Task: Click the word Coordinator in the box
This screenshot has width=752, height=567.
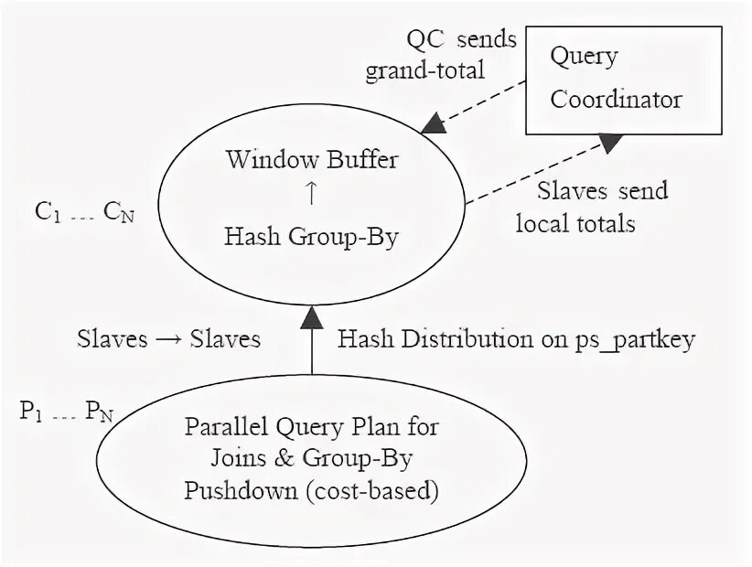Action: point(616,99)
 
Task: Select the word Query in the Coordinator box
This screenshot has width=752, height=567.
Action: point(584,57)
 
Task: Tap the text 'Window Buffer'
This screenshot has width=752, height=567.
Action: point(312,160)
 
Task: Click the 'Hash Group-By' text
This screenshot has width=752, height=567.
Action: point(312,236)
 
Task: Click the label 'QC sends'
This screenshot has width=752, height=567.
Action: point(461,39)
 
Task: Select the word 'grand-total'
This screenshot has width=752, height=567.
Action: point(424,71)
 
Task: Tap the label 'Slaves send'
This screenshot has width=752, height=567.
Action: point(602,190)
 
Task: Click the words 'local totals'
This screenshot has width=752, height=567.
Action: point(575,222)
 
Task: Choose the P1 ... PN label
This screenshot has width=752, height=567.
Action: point(67,412)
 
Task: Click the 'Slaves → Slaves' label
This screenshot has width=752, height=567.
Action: point(169,339)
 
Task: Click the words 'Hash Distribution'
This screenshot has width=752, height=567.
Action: point(435,339)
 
